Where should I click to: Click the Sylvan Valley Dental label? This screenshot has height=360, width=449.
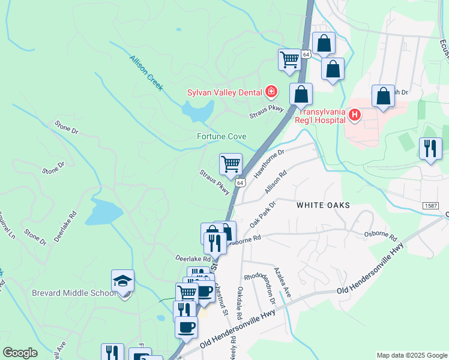[224, 92]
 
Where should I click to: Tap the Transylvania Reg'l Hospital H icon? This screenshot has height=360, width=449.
[355, 115]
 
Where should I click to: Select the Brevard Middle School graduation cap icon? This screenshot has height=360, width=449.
[122, 281]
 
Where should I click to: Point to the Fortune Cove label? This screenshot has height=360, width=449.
[221, 137]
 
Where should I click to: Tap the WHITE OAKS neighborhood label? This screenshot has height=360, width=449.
[323, 205]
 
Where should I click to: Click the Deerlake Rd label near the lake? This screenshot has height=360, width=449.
[65, 226]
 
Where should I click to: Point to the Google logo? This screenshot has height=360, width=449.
[20, 353]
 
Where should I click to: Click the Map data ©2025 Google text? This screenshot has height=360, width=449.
[411, 355]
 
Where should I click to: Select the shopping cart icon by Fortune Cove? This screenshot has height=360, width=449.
[231, 163]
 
